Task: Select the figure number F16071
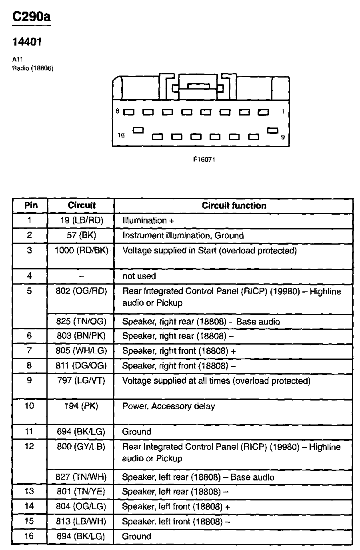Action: pos(204,159)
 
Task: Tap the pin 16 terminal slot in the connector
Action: pos(139,130)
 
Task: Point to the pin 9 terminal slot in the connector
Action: pos(273,131)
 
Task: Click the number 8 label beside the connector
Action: pos(118,112)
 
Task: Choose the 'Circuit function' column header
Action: pos(234,205)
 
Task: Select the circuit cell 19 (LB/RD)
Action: pos(82,220)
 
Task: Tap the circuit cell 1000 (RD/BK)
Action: pos(82,251)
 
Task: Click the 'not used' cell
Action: pos(139,276)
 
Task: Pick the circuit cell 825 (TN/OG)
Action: pos(82,321)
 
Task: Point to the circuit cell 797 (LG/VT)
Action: pos(82,381)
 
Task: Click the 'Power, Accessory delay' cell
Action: pos(168,406)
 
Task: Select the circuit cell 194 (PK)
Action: pos(82,406)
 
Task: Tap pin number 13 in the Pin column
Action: pos(30,491)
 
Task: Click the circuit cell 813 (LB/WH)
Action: pos(82,522)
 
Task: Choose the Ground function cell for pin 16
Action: pos(137,536)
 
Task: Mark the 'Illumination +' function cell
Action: pos(148,220)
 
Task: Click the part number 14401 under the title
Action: pos(28,42)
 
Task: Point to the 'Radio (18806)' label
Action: pos(33,68)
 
